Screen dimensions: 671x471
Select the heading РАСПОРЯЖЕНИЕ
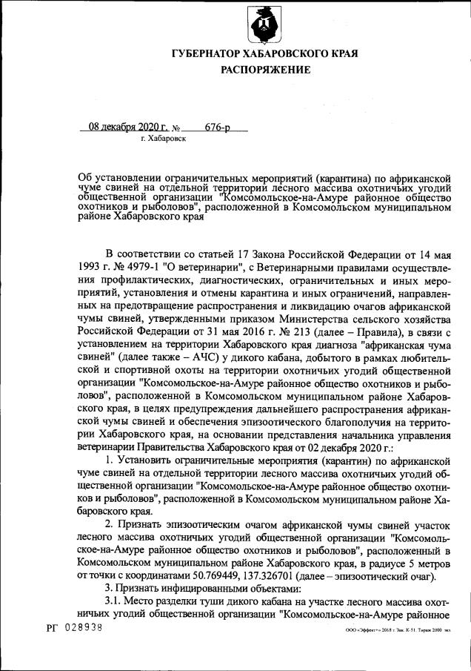tap(264, 70)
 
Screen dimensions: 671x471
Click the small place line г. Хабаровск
tap(162, 138)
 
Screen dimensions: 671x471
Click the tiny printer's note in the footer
tap(398, 628)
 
